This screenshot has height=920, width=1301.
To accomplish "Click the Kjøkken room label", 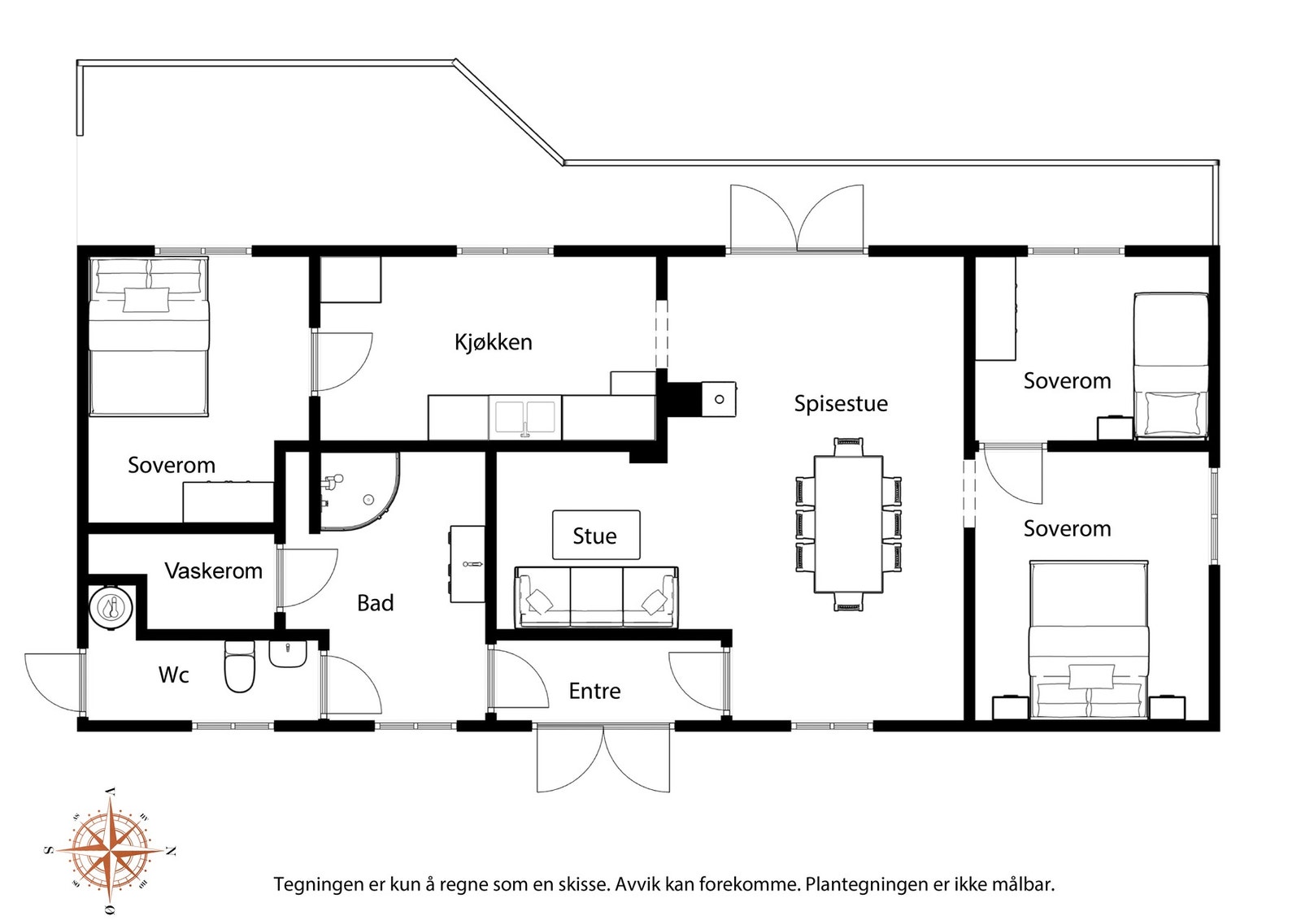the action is click(493, 342).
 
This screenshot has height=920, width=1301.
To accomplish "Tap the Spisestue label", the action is click(841, 404).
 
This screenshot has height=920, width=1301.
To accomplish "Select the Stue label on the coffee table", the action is click(594, 536).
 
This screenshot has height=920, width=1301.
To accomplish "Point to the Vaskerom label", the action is click(213, 571).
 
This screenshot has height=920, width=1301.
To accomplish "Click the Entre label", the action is click(594, 692).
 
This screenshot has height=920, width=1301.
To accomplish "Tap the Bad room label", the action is click(375, 604).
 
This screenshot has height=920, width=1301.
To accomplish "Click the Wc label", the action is click(174, 675).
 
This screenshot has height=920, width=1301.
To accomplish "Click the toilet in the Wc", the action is click(239, 667).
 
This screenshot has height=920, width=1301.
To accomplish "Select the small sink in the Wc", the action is click(288, 654).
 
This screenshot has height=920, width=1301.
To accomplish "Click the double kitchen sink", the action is click(525, 418).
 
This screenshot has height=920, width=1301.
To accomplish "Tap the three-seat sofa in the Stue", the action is click(597, 598).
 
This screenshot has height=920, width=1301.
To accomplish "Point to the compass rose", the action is click(111, 850).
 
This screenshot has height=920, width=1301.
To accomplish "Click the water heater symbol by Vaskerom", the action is click(111, 607).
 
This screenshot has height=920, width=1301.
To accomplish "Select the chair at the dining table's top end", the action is click(849, 447).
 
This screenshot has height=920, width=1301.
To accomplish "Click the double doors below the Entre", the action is click(603, 758).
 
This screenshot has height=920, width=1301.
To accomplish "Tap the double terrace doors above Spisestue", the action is click(797, 219).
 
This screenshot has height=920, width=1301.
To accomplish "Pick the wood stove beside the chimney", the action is click(719, 399).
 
